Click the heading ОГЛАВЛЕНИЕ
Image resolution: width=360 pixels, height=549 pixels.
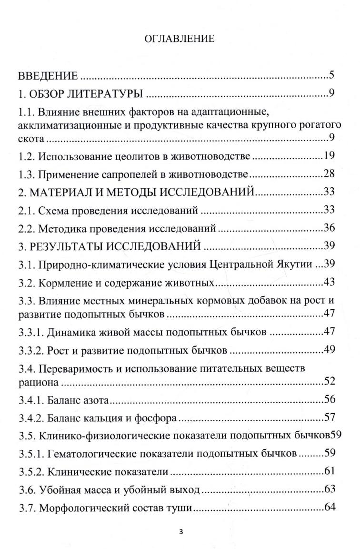(179, 39)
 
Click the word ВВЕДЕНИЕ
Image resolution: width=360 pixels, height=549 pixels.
(48, 76)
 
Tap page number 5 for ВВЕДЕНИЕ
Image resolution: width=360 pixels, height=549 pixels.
(332, 75)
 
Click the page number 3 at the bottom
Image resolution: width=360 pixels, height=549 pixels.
(180, 533)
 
